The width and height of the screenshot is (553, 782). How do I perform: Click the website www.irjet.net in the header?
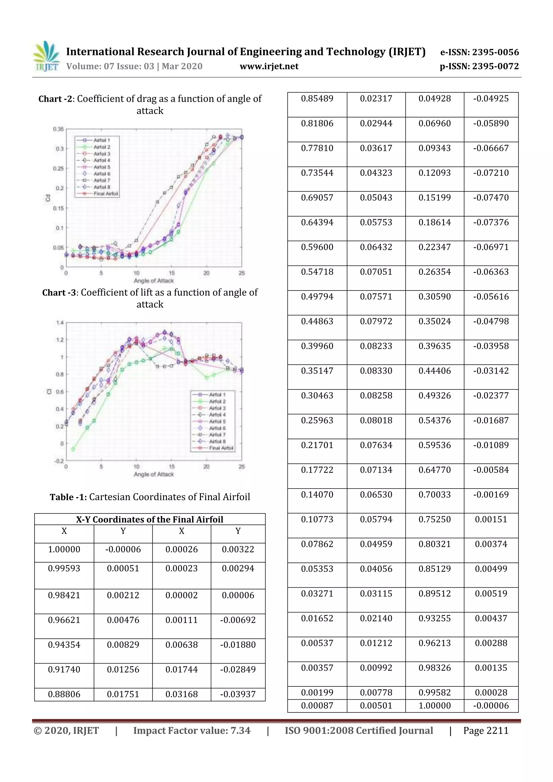269,66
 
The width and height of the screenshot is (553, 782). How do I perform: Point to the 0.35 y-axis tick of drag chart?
58,129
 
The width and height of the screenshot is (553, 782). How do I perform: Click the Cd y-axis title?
48,198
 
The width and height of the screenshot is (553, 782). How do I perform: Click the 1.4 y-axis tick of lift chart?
60,323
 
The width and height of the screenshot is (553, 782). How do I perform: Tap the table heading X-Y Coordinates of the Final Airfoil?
150,519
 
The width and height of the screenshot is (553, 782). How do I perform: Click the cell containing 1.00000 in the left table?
64,549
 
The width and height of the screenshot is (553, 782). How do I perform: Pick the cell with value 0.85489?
317,99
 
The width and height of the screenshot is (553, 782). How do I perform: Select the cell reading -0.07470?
491,198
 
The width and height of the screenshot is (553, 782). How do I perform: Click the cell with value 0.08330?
376,371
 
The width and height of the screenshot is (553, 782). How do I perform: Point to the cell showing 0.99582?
434,692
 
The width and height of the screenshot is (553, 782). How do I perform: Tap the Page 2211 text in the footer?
485,730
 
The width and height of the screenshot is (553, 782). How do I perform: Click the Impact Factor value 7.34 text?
191,730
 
